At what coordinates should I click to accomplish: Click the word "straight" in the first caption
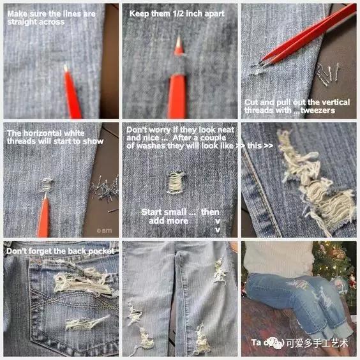coord(20,22)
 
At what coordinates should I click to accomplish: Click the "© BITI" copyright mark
coord(103,230)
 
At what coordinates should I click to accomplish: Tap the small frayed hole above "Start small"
coord(176,183)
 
